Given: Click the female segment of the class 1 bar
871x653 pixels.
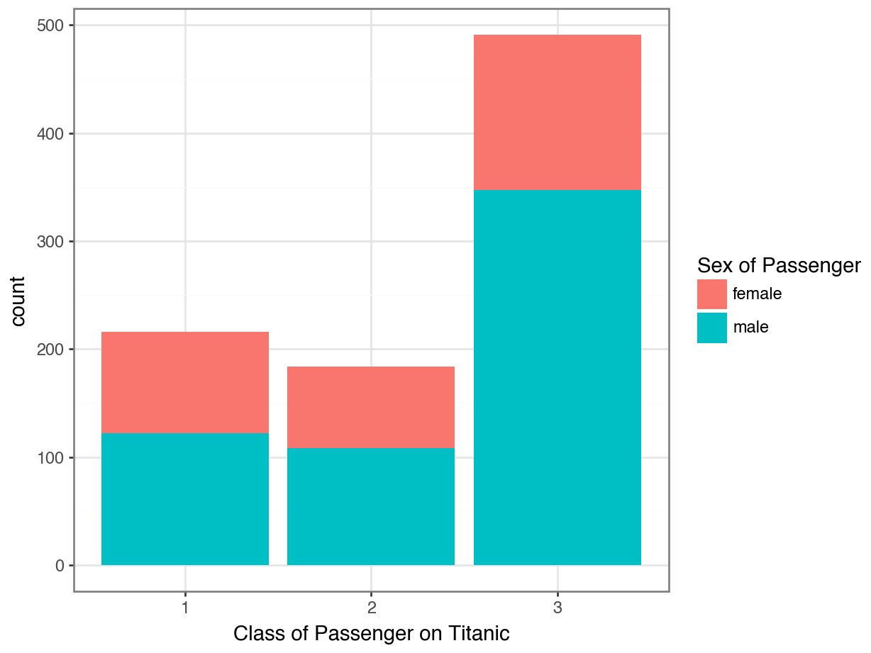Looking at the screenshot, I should click(x=185, y=382).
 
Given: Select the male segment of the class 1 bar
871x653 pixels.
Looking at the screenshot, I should click(x=185, y=499).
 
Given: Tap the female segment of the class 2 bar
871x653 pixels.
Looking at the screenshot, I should click(x=371, y=407).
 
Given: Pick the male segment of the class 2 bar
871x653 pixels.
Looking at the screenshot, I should click(x=371, y=506).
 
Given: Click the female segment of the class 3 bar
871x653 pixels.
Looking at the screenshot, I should click(x=557, y=112).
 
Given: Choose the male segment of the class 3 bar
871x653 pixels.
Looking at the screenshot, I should click(x=557, y=377).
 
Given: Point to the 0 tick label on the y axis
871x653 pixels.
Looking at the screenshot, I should click(x=60, y=566).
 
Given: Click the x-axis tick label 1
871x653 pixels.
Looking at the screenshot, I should click(x=185, y=608).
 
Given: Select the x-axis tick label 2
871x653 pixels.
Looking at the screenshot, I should click(x=371, y=608).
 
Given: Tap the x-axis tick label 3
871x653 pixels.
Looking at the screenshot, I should click(x=557, y=608).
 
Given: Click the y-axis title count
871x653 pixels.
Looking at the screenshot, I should click(x=18, y=301).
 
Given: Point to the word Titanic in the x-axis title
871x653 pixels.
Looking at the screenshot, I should click(x=479, y=633).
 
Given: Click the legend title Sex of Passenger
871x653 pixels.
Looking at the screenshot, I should click(x=778, y=266).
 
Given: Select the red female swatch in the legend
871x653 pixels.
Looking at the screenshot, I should click(x=711, y=294).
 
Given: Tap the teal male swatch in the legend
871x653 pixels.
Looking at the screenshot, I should click(x=711, y=328).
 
